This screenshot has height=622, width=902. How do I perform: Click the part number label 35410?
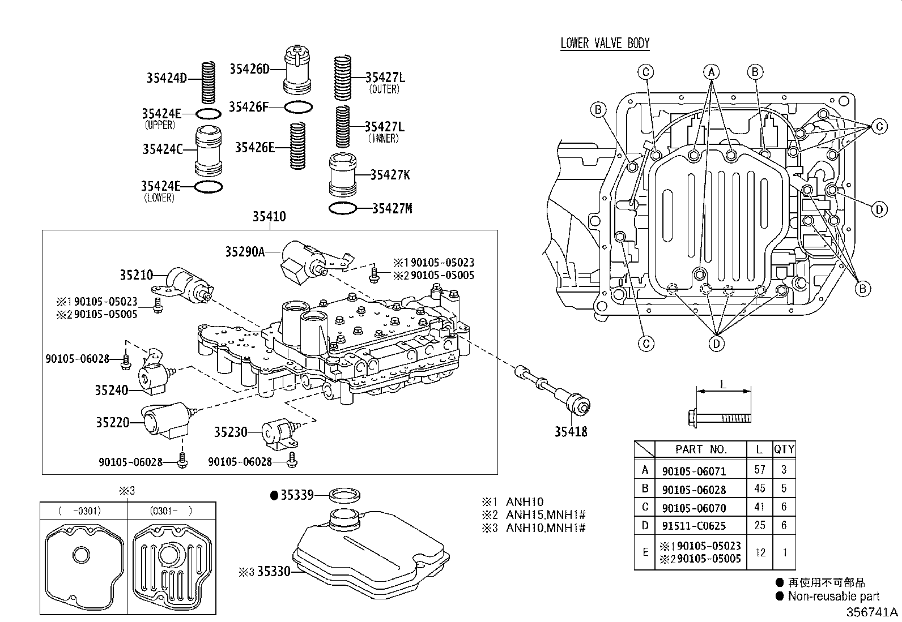(x=269, y=216)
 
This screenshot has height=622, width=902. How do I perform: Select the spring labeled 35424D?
(x=209, y=79)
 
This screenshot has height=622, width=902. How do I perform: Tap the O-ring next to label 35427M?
(x=343, y=209)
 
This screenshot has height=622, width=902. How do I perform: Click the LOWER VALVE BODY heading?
(x=605, y=44)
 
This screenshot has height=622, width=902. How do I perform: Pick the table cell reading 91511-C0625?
(x=693, y=526)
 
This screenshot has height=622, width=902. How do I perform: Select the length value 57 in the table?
(x=759, y=470)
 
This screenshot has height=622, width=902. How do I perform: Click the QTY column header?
(x=784, y=449)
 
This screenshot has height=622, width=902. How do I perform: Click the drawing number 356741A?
(x=872, y=613)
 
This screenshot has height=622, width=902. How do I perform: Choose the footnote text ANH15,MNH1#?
(x=545, y=515)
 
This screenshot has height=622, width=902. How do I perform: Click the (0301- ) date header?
(x=172, y=511)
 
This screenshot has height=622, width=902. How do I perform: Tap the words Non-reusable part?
(x=833, y=596)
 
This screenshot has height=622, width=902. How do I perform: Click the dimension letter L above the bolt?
(x=722, y=384)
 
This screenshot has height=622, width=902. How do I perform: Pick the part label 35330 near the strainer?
(x=273, y=572)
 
